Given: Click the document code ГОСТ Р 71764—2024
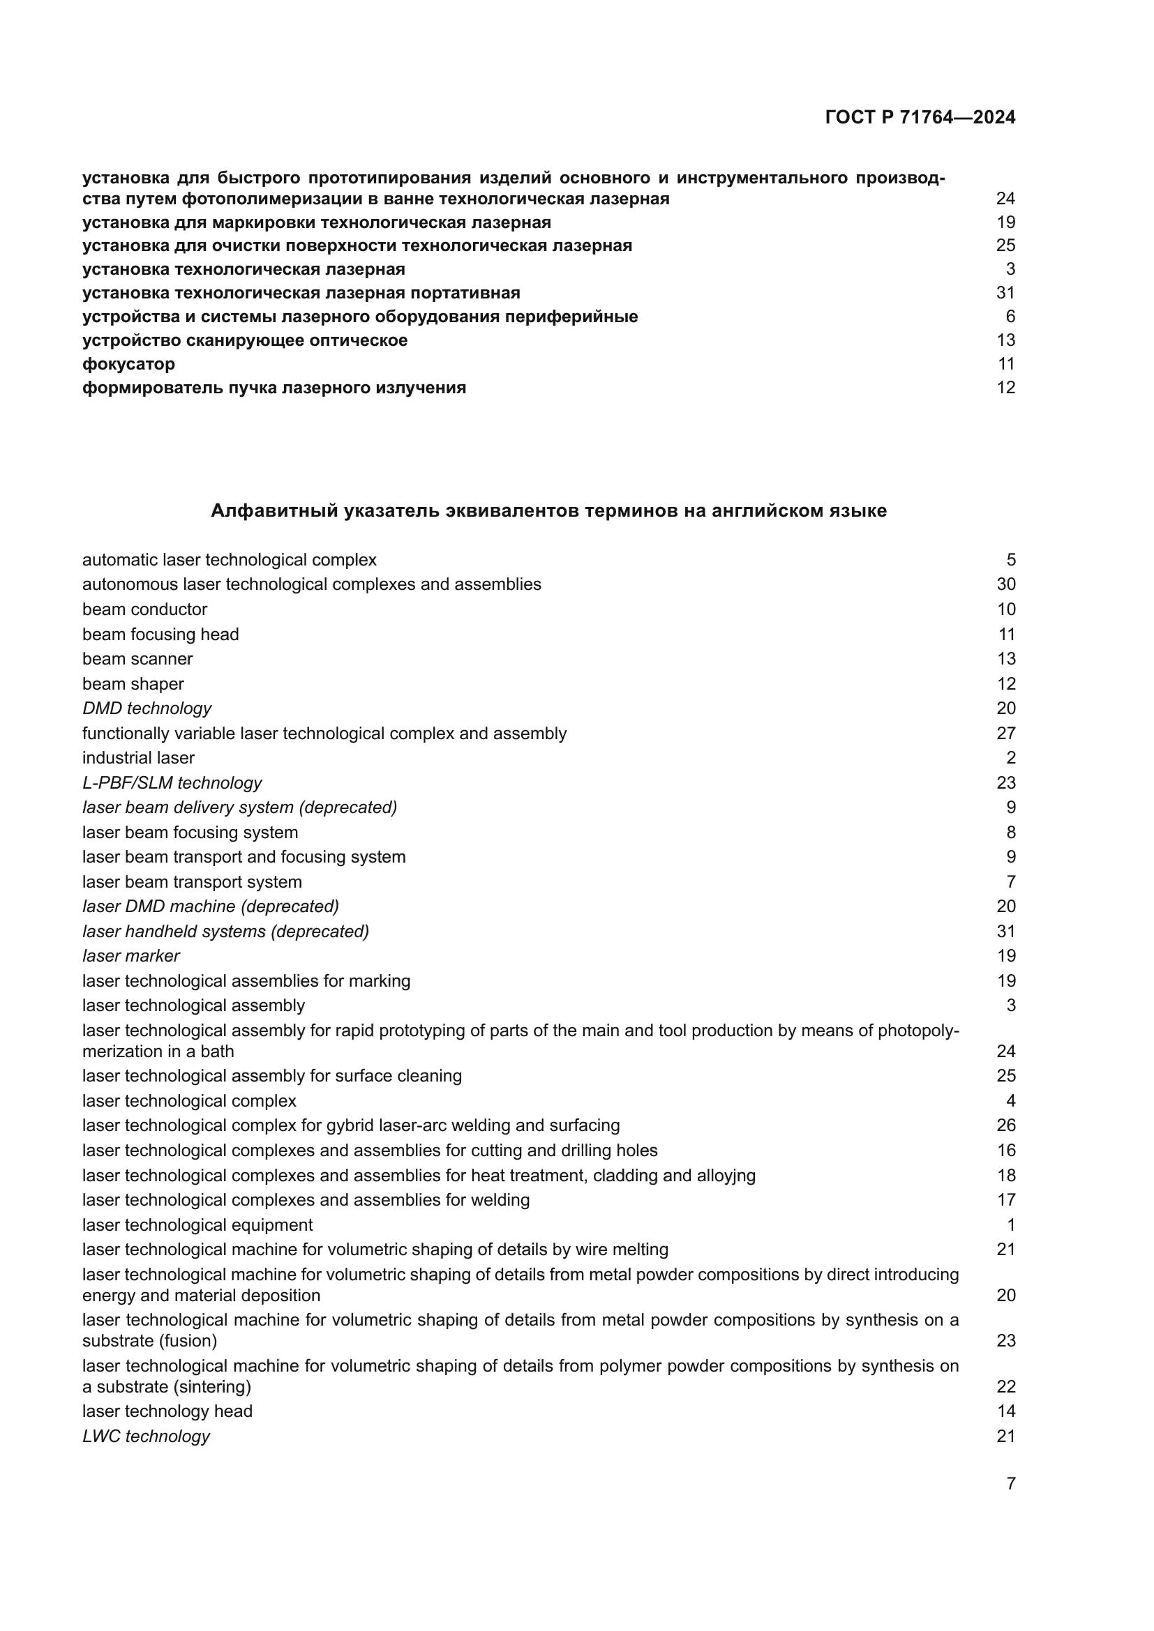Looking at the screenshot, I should coord(920,117).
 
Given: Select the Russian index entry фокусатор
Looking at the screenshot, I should coord(128,365).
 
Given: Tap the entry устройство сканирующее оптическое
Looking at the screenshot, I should coord(244,340).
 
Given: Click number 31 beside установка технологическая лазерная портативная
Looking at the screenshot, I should coord(1005,293).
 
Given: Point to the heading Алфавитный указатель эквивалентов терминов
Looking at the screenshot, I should coord(548,510).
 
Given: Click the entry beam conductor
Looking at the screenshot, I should coord(144,609).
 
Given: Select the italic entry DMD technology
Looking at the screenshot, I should coord(147,708).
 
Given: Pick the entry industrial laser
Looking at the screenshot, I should coord(138,758).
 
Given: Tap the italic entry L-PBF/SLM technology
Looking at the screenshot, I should coord(172,783).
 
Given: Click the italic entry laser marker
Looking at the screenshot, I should coord(130,956).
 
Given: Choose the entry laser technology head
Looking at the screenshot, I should coord(167,1411).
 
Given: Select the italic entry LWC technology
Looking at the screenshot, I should coord(146,1436).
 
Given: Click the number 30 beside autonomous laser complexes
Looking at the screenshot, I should coord(1005,584).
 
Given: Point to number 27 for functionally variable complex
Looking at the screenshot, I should coord(1005,733).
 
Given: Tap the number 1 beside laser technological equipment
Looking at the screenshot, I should coord(1010,1224).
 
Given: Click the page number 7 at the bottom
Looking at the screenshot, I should coord(1010,1483).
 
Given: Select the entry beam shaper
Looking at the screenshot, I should coord(133,684).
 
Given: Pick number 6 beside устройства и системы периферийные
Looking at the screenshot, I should coord(1010,317).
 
